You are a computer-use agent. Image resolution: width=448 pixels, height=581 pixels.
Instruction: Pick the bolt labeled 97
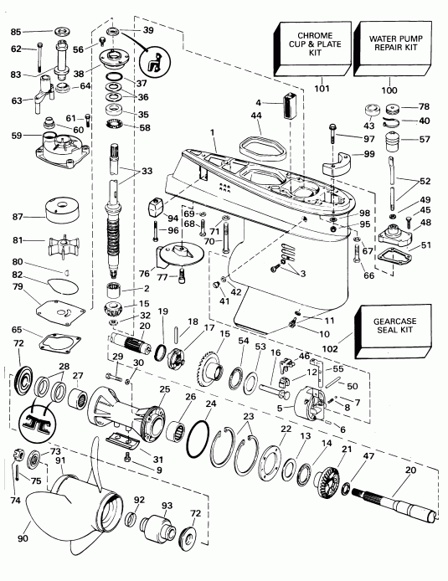point(334,134)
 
